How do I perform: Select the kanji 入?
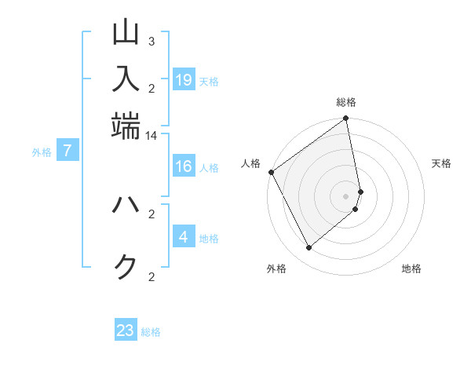click(x=126, y=79)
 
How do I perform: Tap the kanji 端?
click(x=126, y=126)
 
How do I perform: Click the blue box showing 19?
click(x=184, y=80)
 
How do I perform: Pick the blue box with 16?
click(x=184, y=166)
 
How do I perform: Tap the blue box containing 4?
click(x=184, y=237)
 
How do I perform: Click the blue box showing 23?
click(x=126, y=331)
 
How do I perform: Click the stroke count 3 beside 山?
click(x=152, y=41)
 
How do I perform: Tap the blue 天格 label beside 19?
click(x=209, y=82)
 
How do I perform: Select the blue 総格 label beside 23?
click(x=151, y=332)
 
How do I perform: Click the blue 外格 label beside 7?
click(x=41, y=152)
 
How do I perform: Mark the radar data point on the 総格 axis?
click(x=346, y=119)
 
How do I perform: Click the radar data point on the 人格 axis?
click(x=271, y=172)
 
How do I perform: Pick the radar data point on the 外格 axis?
click(x=309, y=247)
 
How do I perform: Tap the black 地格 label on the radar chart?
click(x=411, y=269)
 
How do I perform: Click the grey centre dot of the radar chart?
click(x=346, y=195)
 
